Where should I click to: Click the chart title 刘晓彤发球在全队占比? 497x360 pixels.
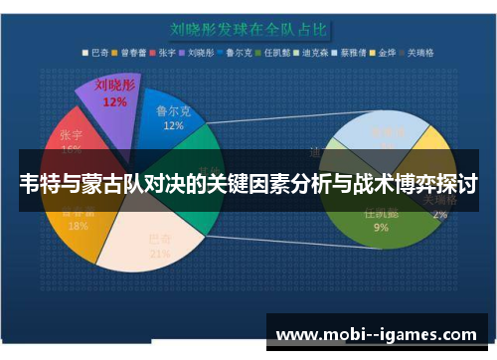(248, 30)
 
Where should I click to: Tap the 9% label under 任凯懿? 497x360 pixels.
(382, 228)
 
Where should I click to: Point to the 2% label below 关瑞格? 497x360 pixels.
(439, 214)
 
